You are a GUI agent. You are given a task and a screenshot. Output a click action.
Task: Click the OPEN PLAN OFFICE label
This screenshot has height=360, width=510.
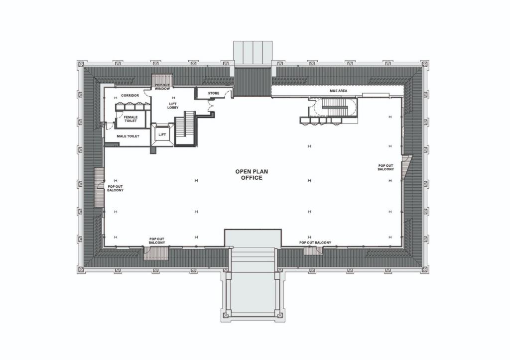(x=249, y=174)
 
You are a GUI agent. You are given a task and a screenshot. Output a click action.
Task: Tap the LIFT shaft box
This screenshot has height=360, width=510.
(x=162, y=134)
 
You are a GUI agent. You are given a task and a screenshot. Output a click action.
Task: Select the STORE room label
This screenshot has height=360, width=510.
(x=213, y=93)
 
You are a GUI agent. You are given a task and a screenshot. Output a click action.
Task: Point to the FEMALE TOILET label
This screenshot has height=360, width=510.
(x=130, y=119)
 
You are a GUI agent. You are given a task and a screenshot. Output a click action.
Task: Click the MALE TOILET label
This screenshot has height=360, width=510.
(x=127, y=136)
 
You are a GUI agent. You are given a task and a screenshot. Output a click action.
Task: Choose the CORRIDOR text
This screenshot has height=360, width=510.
(x=129, y=95)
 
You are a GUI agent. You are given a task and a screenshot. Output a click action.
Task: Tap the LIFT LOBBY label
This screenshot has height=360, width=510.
(x=173, y=105)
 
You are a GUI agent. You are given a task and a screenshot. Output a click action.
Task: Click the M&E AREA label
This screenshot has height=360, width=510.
(x=338, y=92)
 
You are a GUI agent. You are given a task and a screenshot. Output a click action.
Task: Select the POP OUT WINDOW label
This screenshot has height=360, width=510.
(x=162, y=87)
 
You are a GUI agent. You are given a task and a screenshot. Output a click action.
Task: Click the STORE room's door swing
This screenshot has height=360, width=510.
(x=228, y=94)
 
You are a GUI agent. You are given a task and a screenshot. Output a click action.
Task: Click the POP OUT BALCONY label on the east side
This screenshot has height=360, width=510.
(x=385, y=167)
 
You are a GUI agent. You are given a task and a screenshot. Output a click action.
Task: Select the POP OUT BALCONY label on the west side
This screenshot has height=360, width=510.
(x=115, y=188)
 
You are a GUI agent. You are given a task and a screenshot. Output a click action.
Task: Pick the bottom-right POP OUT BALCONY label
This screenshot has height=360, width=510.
(x=315, y=242)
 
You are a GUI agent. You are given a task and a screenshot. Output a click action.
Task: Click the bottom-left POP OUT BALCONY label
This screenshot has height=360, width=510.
(x=157, y=240)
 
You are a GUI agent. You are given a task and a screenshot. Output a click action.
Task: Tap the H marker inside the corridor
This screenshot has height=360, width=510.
(x=116, y=98)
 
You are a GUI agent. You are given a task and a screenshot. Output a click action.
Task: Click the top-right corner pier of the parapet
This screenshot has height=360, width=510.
(x=424, y=64)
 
